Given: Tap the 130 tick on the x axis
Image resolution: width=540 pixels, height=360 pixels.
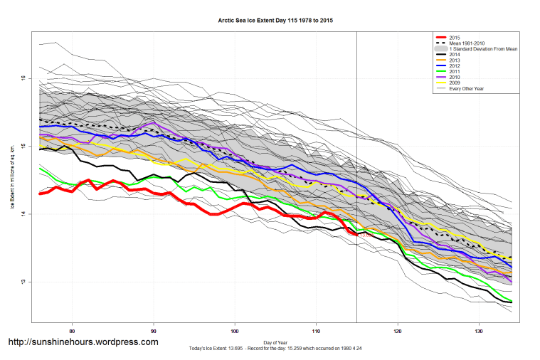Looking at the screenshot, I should [x=479, y=332].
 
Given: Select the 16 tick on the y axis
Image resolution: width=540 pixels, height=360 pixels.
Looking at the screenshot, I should [x=23, y=78].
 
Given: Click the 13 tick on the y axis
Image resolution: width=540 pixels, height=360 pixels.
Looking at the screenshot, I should [x=23, y=282].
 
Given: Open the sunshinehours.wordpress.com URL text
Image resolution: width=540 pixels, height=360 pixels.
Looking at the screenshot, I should [x=83, y=342].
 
